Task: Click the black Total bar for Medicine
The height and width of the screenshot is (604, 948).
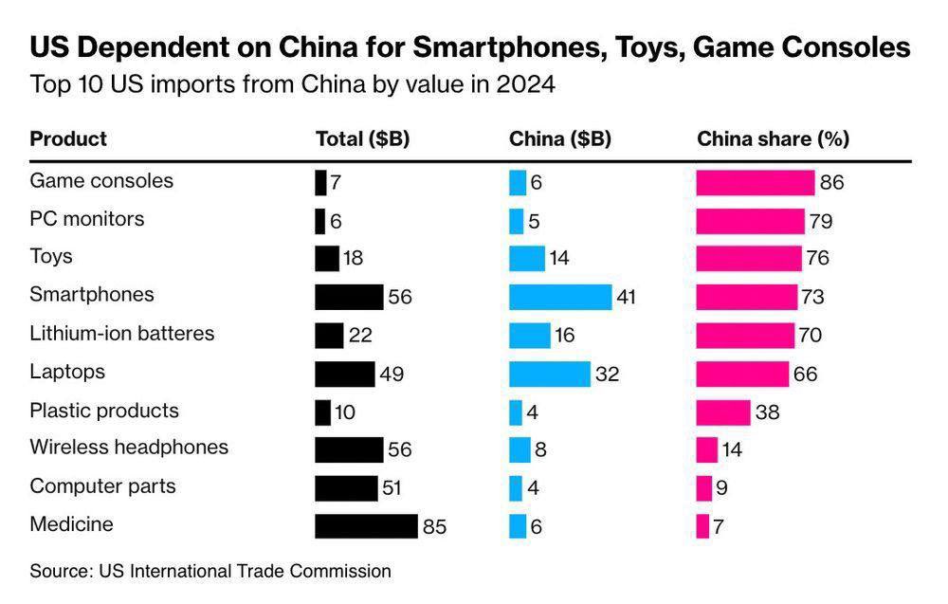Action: (366, 526)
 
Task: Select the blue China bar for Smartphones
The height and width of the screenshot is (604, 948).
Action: (559, 297)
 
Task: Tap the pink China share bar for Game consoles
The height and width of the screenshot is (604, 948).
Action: (755, 182)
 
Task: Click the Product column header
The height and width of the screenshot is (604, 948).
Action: (68, 138)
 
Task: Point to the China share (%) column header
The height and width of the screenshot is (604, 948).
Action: (773, 138)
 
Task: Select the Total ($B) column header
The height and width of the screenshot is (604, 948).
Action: (362, 138)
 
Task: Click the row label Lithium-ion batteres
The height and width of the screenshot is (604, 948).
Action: (122, 334)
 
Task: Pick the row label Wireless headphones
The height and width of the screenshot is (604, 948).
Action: (129, 447)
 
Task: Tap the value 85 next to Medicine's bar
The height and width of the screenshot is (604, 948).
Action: (435, 526)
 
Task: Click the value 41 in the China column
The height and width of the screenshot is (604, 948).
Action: (626, 297)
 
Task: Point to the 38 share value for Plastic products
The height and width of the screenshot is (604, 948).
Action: (767, 412)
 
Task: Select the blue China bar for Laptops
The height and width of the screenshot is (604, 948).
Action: (549, 374)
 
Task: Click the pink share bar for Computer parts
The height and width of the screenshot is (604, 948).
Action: (703, 487)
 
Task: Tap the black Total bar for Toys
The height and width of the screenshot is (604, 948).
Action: (326, 258)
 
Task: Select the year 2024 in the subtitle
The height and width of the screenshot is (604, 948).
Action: (524, 84)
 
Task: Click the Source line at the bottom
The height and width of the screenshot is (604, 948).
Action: (210, 571)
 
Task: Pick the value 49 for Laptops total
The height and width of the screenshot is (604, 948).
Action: (392, 374)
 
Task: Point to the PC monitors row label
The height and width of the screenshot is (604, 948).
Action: (87, 219)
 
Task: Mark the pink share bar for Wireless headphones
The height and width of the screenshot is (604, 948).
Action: (706, 449)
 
